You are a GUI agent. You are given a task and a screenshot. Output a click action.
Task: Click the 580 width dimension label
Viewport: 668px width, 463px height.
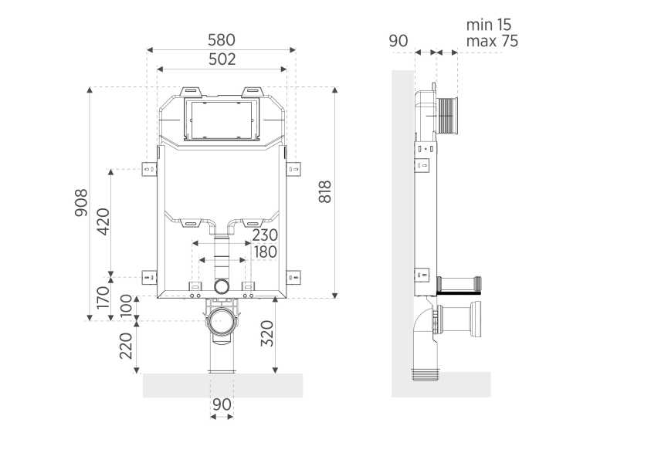221,39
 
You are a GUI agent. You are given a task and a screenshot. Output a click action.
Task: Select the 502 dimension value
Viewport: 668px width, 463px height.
221,59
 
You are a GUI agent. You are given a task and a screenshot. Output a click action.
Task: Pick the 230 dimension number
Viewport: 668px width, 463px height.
264,235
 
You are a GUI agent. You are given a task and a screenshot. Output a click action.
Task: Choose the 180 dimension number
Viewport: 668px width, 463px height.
264,252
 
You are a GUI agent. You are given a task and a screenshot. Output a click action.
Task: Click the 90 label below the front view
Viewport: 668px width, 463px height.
222,404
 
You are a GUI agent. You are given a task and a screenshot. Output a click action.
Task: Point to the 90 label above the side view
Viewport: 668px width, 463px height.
398,41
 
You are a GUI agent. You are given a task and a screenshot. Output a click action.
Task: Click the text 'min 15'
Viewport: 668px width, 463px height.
488,25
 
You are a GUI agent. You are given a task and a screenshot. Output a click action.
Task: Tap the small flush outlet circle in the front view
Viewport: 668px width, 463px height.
222,286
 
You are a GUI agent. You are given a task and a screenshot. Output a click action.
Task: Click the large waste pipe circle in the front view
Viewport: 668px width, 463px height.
224,319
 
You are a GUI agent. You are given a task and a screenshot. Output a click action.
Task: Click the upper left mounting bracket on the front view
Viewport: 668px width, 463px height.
149,168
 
